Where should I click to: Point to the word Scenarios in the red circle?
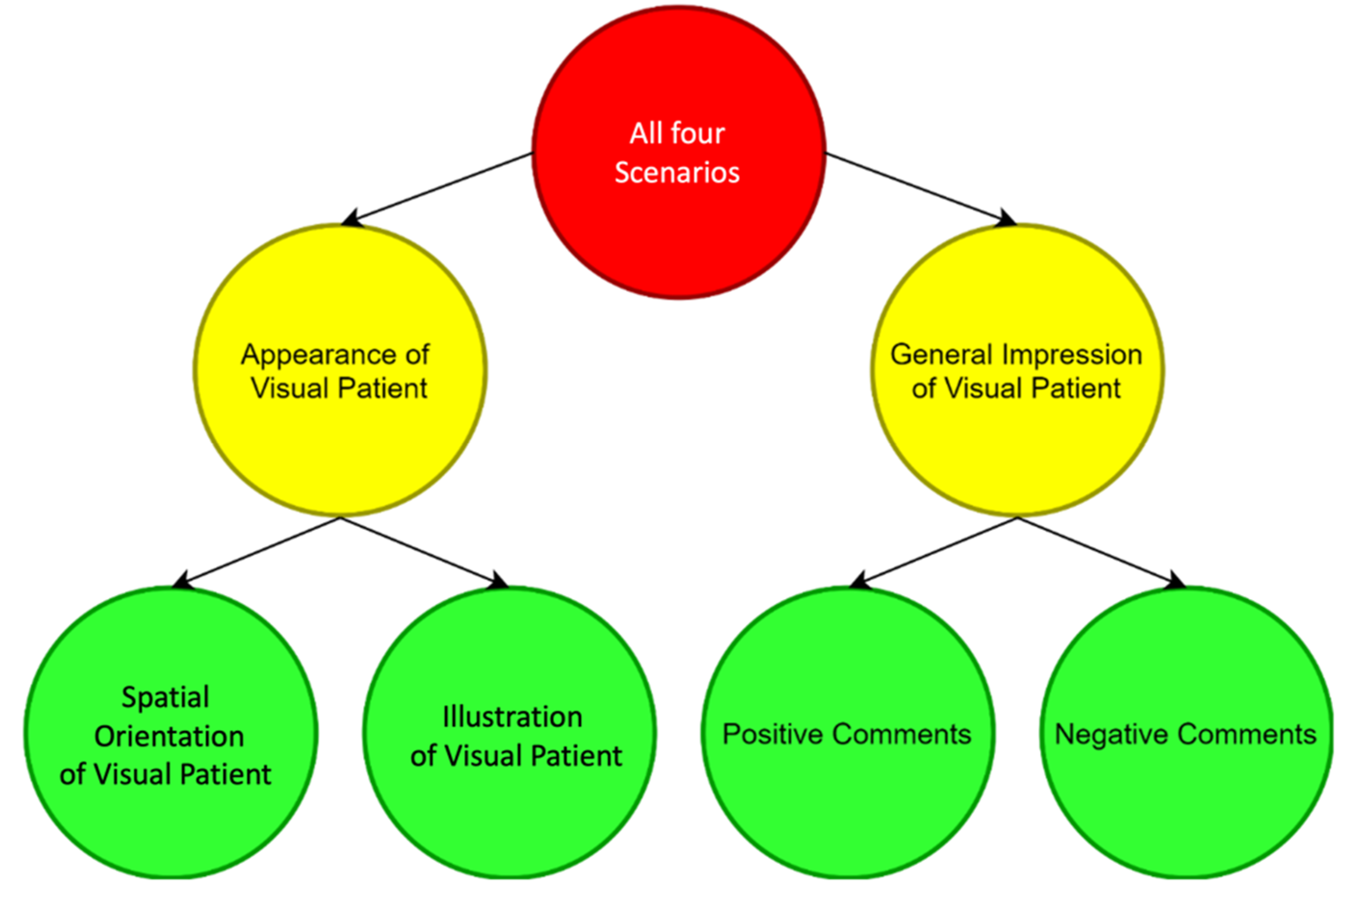coord(677,172)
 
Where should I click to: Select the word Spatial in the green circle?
coord(166,697)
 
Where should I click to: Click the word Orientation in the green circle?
coord(169,736)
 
